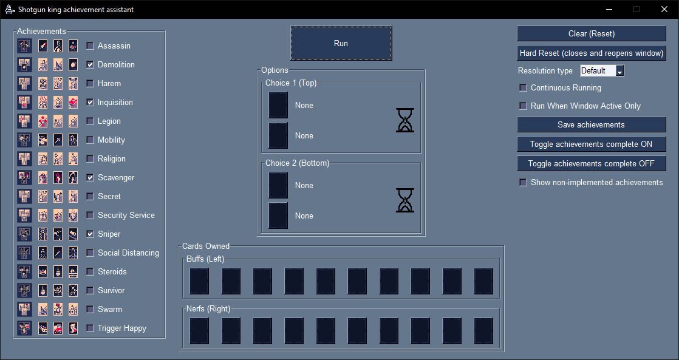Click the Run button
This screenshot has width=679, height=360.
click(341, 43)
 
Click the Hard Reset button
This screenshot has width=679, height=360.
click(591, 53)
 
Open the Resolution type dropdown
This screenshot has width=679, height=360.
click(619, 71)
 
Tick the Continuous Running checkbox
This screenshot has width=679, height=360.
click(523, 88)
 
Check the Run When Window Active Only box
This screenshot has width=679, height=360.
click(523, 106)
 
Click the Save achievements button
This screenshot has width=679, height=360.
click(591, 124)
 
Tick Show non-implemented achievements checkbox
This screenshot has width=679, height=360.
click(523, 183)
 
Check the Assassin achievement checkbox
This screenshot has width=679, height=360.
click(90, 46)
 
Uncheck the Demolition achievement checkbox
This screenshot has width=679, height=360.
click(90, 64)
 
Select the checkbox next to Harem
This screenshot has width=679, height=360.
click(90, 83)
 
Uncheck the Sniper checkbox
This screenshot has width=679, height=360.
click(90, 234)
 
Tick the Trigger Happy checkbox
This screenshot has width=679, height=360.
click(90, 328)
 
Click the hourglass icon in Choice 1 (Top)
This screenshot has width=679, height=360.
click(405, 120)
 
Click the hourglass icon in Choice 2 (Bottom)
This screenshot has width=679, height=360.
click(405, 200)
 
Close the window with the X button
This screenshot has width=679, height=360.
click(664, 10)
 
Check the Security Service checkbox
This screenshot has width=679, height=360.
click(90, 215)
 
